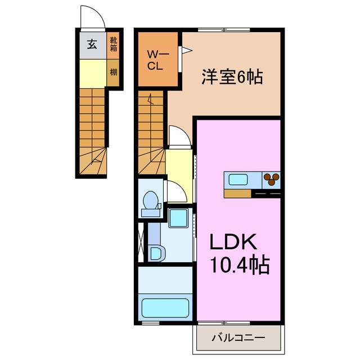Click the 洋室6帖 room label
(x=232, y=77)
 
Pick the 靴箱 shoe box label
(x=113, y=44)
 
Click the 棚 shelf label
(x=113, y=72)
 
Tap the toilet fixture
(x=150, y=202)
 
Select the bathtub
(x=165, y=308)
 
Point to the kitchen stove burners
(x=272, y=180)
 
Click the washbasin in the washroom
(x=156, y=253)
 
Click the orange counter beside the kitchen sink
(x=237, y=193)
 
